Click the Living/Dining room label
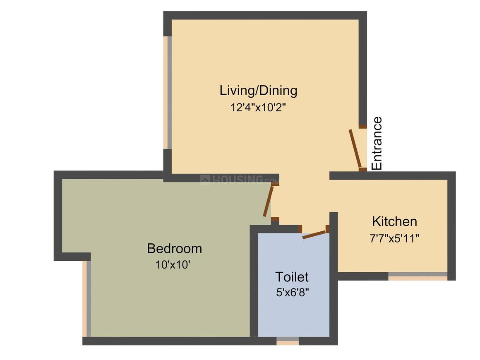258,90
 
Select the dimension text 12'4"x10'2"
258,108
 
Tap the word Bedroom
174,249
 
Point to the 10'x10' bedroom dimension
173,265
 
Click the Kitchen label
394,221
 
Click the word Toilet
292,276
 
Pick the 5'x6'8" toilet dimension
293,293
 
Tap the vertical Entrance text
377,144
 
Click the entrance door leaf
355,148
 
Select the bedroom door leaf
268,202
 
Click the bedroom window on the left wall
86,298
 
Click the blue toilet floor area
294,314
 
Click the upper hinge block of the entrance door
362,127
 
